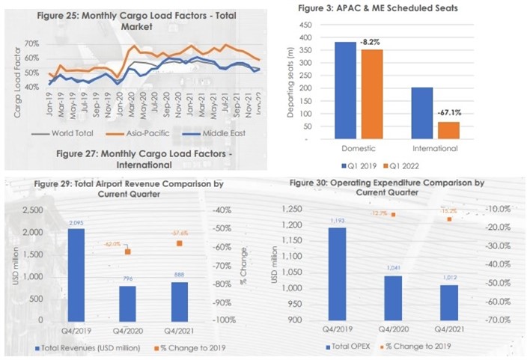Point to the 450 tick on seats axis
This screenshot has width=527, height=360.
(305, 25)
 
